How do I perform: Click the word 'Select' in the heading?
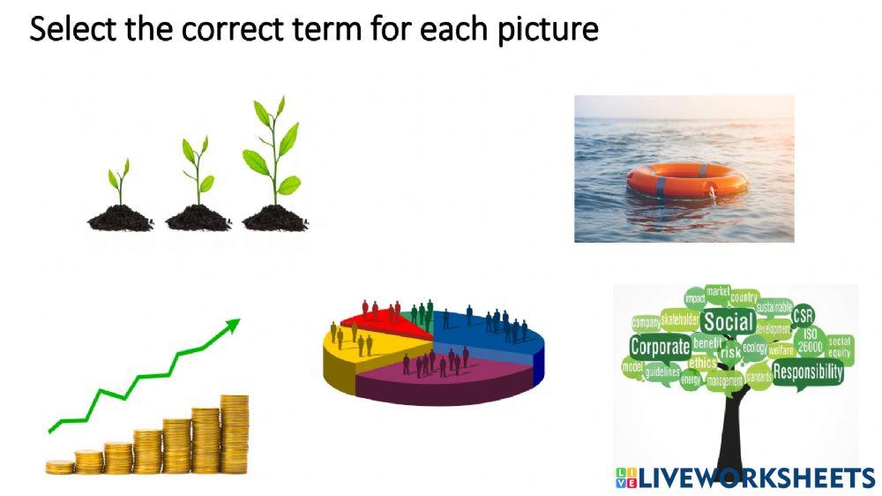pos(67,29)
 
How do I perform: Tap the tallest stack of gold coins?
pos(235,434)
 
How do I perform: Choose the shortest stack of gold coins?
pos(60,467)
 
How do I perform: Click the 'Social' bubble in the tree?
pos(729,323)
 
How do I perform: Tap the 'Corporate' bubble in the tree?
pos(660,347)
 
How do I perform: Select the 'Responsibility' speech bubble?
pos(807,372)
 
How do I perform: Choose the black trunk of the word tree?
pos(731,432)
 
